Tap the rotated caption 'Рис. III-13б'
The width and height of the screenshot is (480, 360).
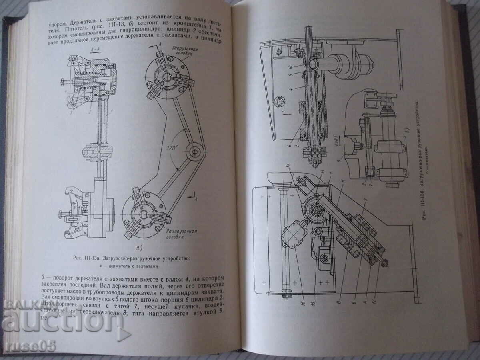tap(424, 160)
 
